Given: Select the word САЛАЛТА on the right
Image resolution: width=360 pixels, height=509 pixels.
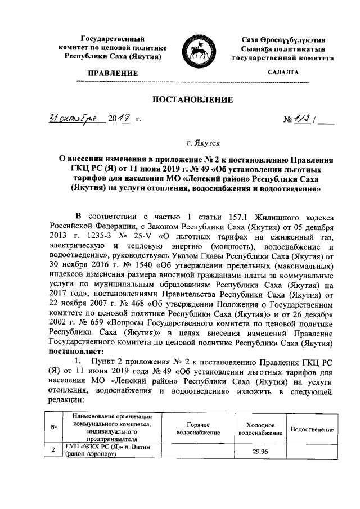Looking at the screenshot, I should click(x=283, y=72).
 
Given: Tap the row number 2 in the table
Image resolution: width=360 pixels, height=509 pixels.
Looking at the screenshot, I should click(x=52, y=451).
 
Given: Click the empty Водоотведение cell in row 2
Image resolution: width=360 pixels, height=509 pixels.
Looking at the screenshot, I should click(x=312, y=451).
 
